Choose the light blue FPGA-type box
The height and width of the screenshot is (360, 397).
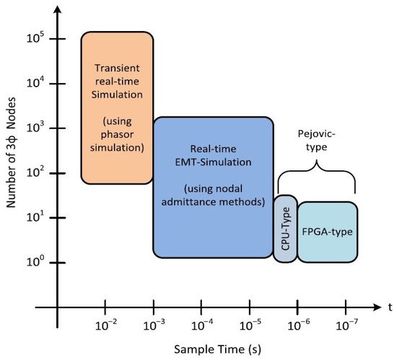327,232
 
